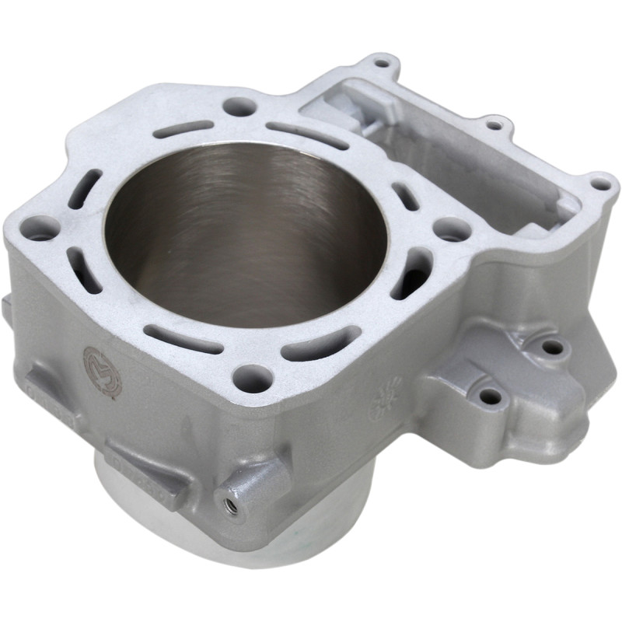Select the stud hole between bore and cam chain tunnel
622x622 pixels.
(452, 229)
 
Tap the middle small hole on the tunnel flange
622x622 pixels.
(493, 124)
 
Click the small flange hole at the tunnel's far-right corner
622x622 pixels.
(600, 184)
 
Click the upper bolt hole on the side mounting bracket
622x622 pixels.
(550, 347)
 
